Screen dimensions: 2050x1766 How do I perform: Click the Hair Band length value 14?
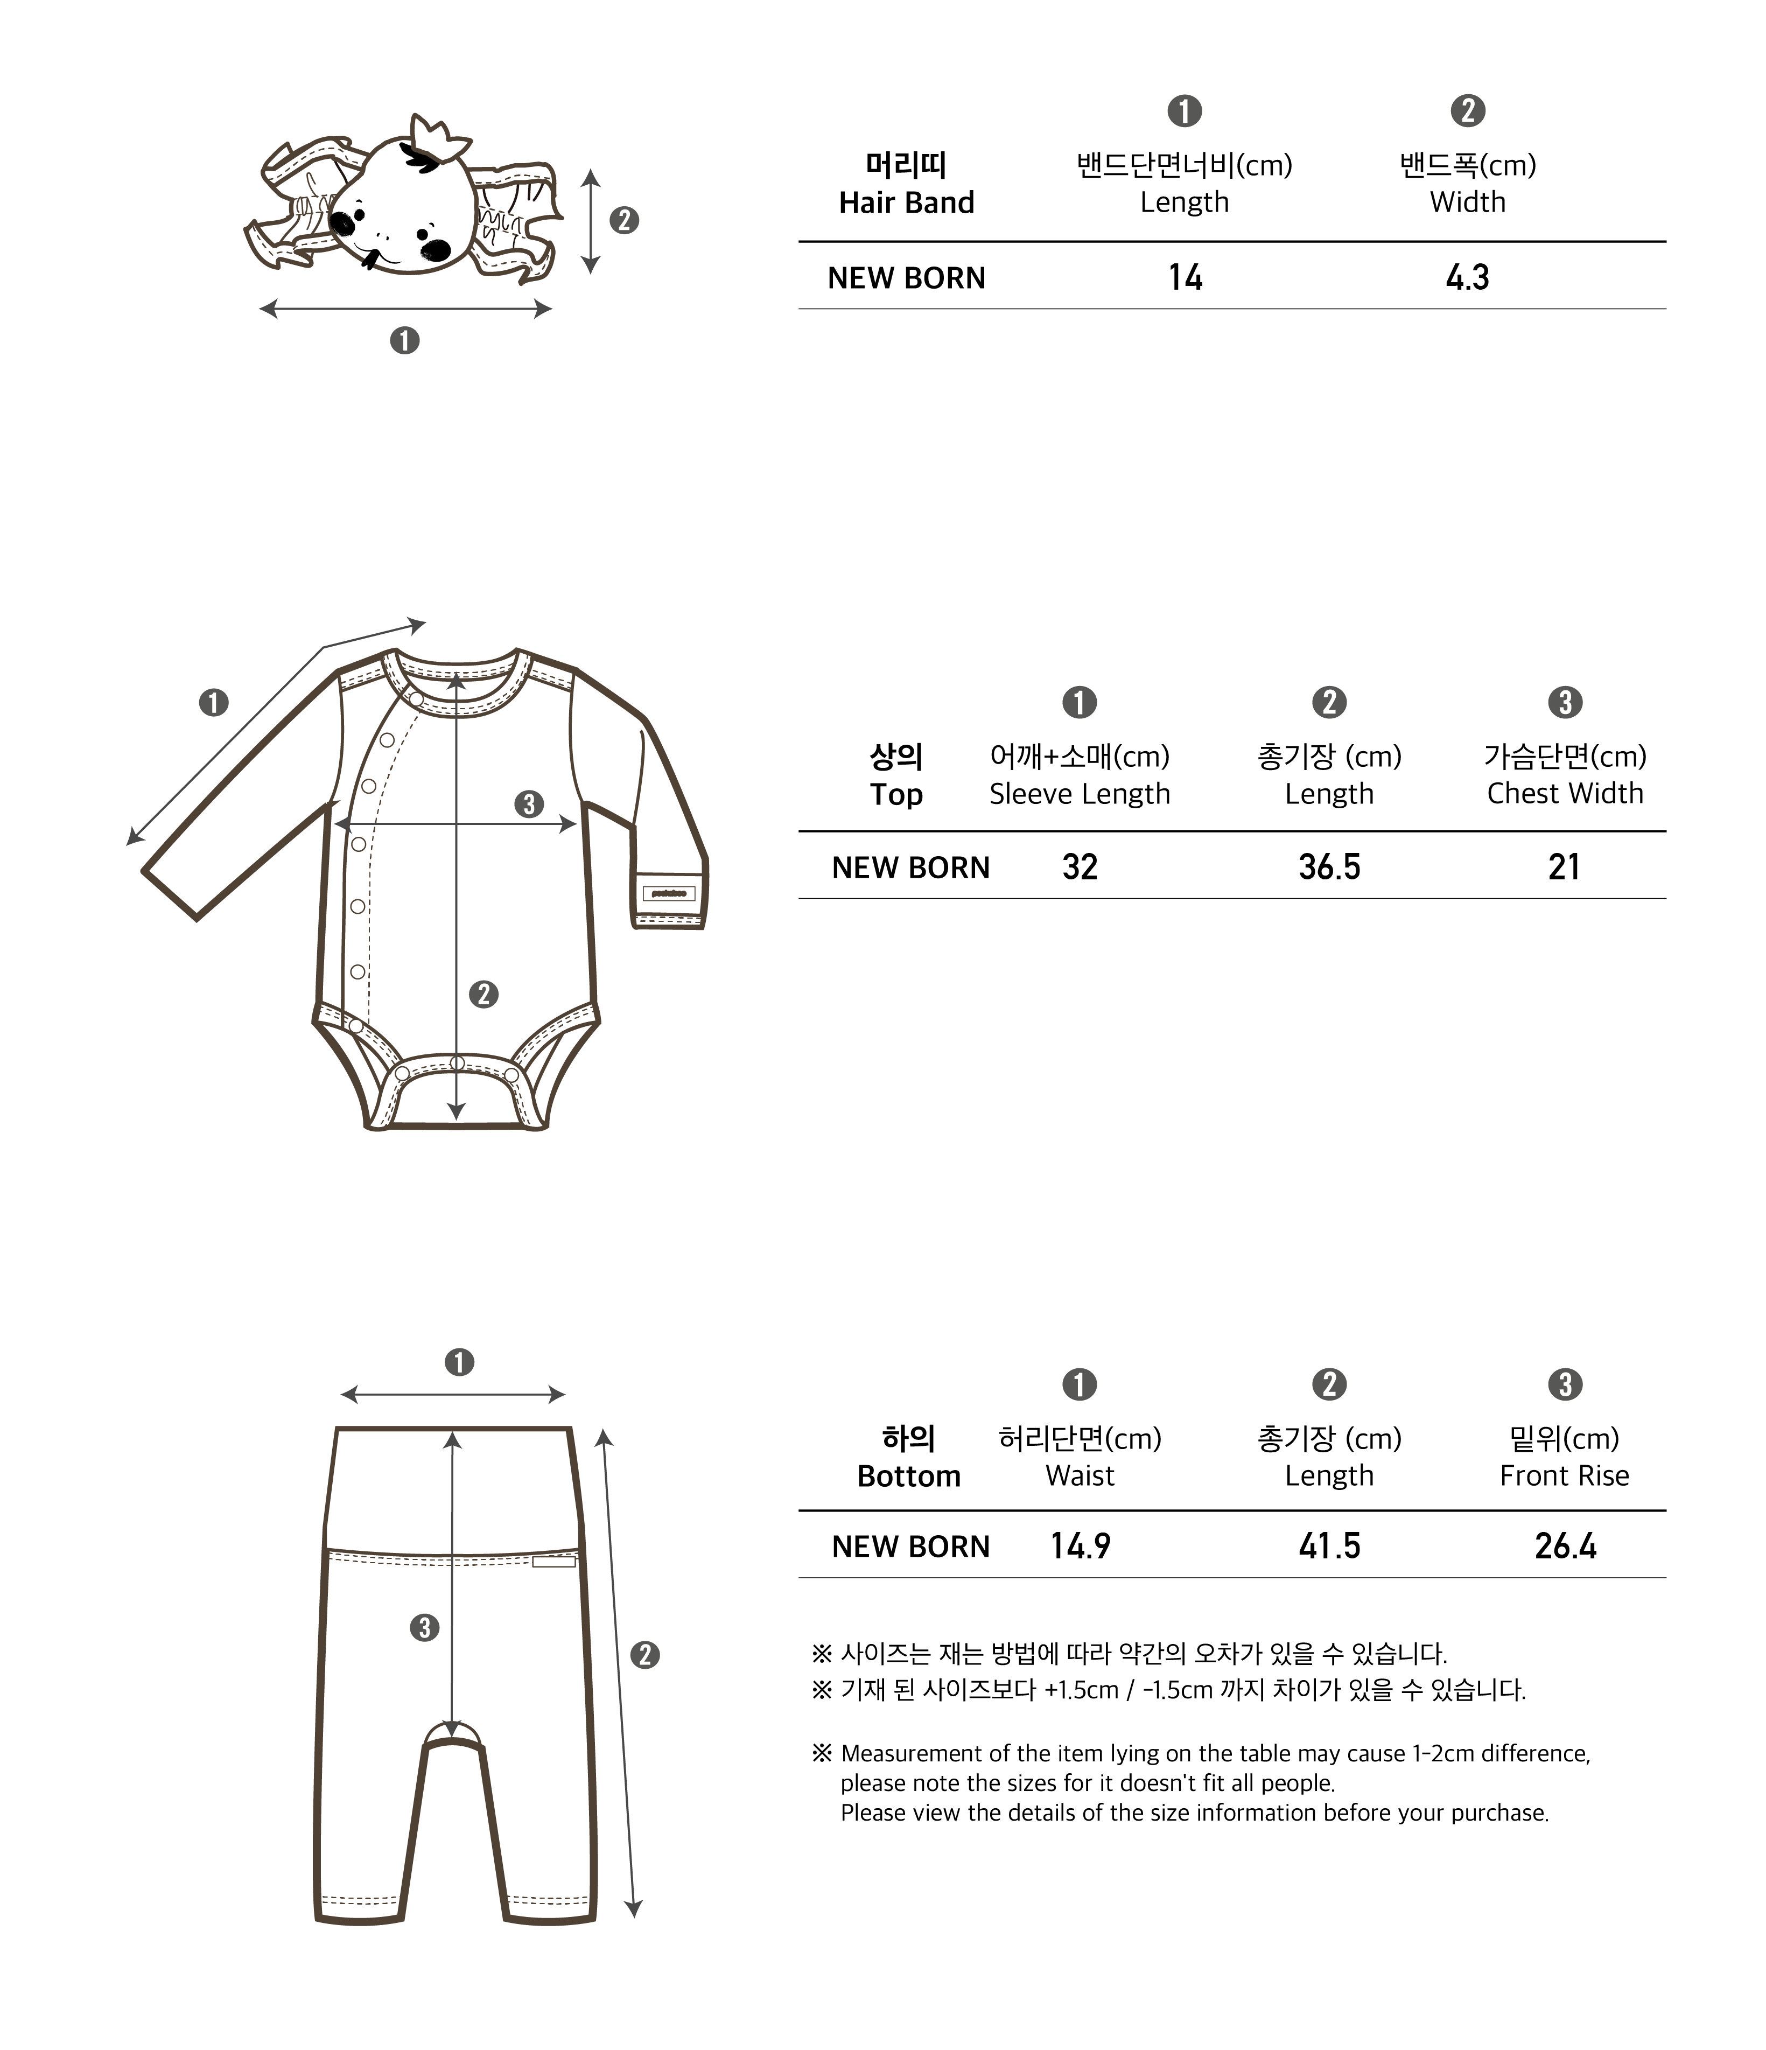[x=1185, y=277]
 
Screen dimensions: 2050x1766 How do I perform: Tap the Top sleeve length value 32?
[x=1080, y=867]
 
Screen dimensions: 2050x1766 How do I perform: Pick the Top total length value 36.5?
[x=1329, y=867]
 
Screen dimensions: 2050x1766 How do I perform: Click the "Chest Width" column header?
[x=1564, y=794]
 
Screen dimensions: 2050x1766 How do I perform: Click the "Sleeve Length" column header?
[x=1080, y=794]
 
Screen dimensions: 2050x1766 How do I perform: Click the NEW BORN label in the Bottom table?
[x=910, y=1547]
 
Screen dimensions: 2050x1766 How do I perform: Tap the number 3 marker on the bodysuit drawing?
[x=529, y=803]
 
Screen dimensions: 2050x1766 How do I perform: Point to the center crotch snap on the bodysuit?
[x=457, y=1062]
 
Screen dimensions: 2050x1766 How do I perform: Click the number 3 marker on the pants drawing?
[x=424, y=1627]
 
